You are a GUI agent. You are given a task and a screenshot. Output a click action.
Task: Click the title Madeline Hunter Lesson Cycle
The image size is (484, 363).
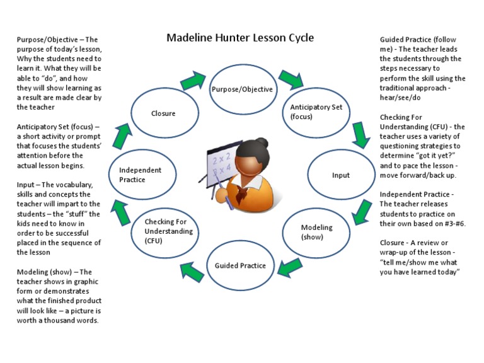tap(239, 38)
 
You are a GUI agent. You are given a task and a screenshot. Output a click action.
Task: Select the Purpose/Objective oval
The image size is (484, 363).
tap(242, 89)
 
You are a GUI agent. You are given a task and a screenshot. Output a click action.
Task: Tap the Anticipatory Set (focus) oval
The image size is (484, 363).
tap(316, 112)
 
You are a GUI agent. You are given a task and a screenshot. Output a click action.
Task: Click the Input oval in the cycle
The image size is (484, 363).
tap(340, 175)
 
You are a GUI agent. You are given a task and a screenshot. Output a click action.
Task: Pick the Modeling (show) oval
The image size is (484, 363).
tap(316, 232)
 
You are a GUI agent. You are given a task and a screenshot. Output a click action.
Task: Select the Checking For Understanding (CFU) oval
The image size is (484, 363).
tap(166, 231)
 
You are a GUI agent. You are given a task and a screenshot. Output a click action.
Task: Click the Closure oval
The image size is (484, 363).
tap(164, 113)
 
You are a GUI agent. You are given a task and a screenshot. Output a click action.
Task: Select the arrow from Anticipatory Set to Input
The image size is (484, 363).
tap(360, 134)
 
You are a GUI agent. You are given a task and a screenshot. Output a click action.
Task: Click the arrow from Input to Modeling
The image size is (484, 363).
tap(360, 212)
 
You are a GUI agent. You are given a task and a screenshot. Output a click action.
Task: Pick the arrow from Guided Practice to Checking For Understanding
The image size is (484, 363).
tap(192, 270)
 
